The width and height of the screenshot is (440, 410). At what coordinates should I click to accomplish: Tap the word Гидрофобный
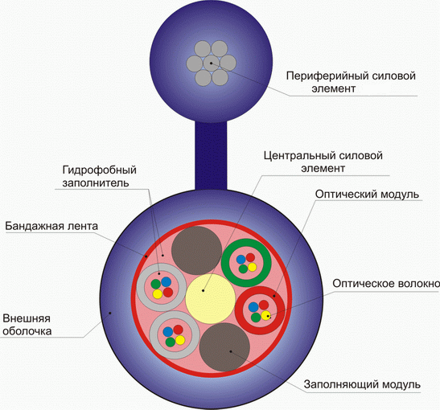click(99, 170)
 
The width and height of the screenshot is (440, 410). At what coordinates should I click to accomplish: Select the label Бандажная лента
click(51, 226)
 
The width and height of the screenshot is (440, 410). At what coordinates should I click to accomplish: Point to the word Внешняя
click(27, 318)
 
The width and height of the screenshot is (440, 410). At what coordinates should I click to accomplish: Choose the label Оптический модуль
click(367, 195)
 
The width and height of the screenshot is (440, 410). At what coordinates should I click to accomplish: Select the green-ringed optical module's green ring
click(246, 242)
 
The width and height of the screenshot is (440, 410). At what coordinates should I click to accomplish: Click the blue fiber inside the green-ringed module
click(241, 260)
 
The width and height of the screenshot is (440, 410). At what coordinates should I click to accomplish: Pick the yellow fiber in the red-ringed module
click(265, 315)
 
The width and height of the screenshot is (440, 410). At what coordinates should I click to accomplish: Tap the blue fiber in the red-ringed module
click(254, 307)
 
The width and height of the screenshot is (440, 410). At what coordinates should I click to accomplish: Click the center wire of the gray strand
click(212, 63)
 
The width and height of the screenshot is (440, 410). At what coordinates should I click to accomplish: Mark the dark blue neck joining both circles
click(211, 156)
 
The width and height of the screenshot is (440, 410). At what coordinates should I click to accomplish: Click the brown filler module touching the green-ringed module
click(197, 250)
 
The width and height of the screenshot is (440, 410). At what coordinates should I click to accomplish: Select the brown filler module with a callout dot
click(224, 347)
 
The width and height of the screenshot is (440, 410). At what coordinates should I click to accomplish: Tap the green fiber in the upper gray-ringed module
click(156, 285)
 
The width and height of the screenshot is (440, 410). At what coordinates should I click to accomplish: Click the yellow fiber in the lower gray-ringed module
click(180, 340)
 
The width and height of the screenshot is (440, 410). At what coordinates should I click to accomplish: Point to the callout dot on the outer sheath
click(110, 313)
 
